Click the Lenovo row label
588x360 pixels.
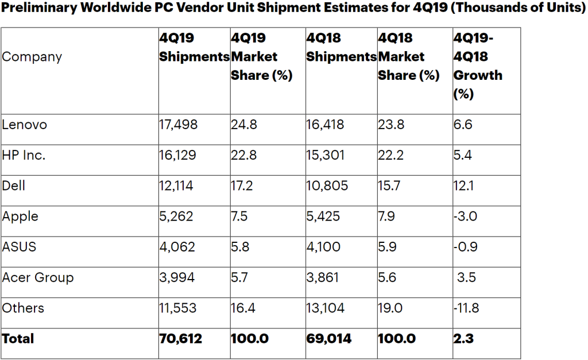(24, 124)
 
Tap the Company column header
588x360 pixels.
(32, 57)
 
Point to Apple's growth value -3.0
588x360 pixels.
(465, 216)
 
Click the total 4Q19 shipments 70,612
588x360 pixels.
(180, 339)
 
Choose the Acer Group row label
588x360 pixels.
(38, 277)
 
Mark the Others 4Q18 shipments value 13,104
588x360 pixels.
(326, 308)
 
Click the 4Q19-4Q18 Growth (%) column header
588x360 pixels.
(478, 65)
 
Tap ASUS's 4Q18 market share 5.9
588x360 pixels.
(390, 247)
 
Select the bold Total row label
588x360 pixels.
(18, 339)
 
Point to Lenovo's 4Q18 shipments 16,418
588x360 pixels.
(325, 124)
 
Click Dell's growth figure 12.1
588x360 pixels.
(463, 185)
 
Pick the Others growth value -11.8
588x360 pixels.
(466, 308)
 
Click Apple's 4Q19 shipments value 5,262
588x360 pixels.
(176, 216)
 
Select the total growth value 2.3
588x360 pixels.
(463, 339)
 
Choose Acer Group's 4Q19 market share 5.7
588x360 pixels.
(241, 277)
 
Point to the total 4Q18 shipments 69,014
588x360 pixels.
(327, 339)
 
